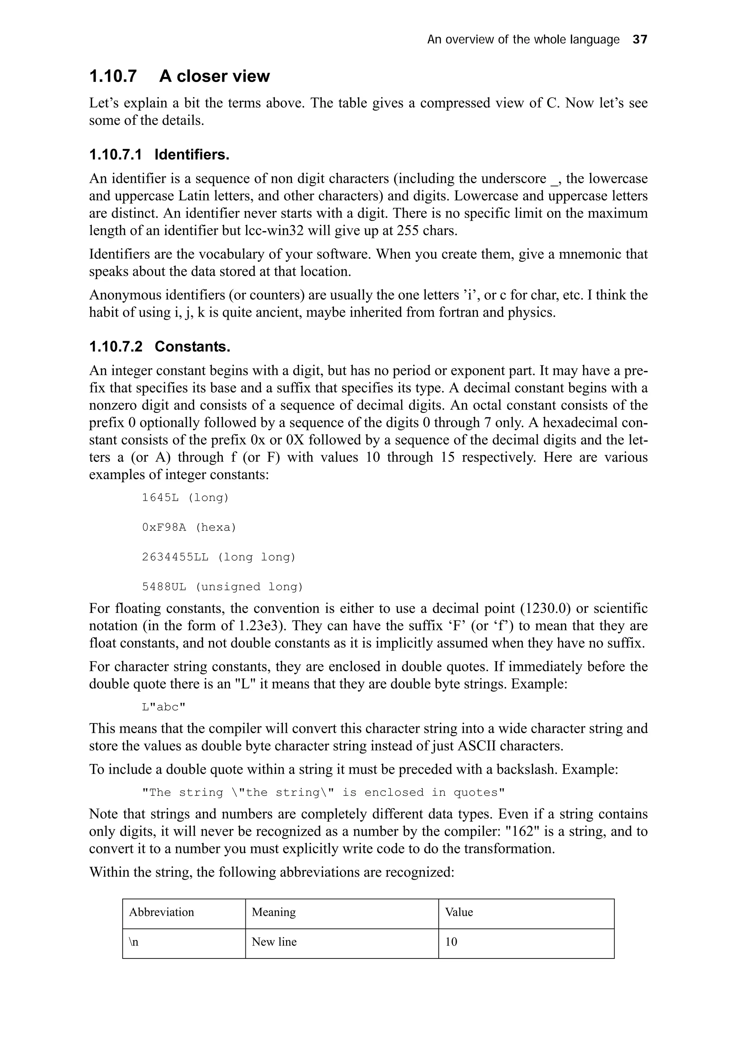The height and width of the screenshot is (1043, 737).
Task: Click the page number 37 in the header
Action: (x=639, y=40)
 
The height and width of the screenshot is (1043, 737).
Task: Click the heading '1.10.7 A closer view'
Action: (x=179, y=76)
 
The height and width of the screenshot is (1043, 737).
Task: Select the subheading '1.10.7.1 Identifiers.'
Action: (x=159, y=155)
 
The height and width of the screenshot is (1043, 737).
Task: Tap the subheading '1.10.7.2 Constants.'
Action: (x=159, y=347)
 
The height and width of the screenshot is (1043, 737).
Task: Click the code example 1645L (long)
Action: (x=185, y=497)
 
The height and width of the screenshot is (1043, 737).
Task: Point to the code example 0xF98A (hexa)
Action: (x=189, y=527)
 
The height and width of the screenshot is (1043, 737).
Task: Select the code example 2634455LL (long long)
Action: (x=218, y=557)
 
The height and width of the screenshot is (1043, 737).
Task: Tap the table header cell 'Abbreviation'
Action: (x=161, y=912)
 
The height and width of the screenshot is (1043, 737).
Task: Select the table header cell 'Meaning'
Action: (x=273, y=912)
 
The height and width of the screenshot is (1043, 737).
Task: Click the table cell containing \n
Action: (x=134, y=942)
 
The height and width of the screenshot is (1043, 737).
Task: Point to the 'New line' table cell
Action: (x=274, y=942)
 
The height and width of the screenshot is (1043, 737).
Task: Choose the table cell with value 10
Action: (x=451, y=942)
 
